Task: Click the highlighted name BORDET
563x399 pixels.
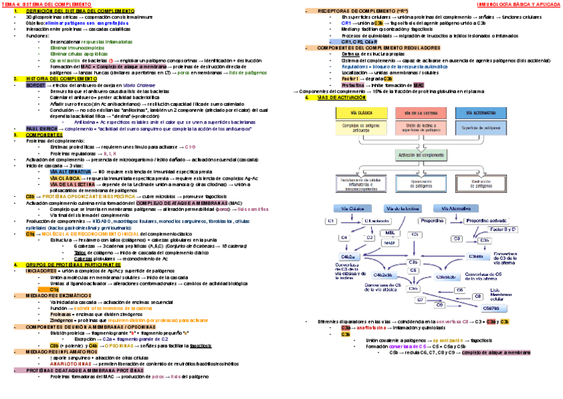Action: (x=35, y=86)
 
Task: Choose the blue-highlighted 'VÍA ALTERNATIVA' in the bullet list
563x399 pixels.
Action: (x=70, y=172)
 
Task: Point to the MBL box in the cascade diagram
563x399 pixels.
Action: (x=390, y=233)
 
